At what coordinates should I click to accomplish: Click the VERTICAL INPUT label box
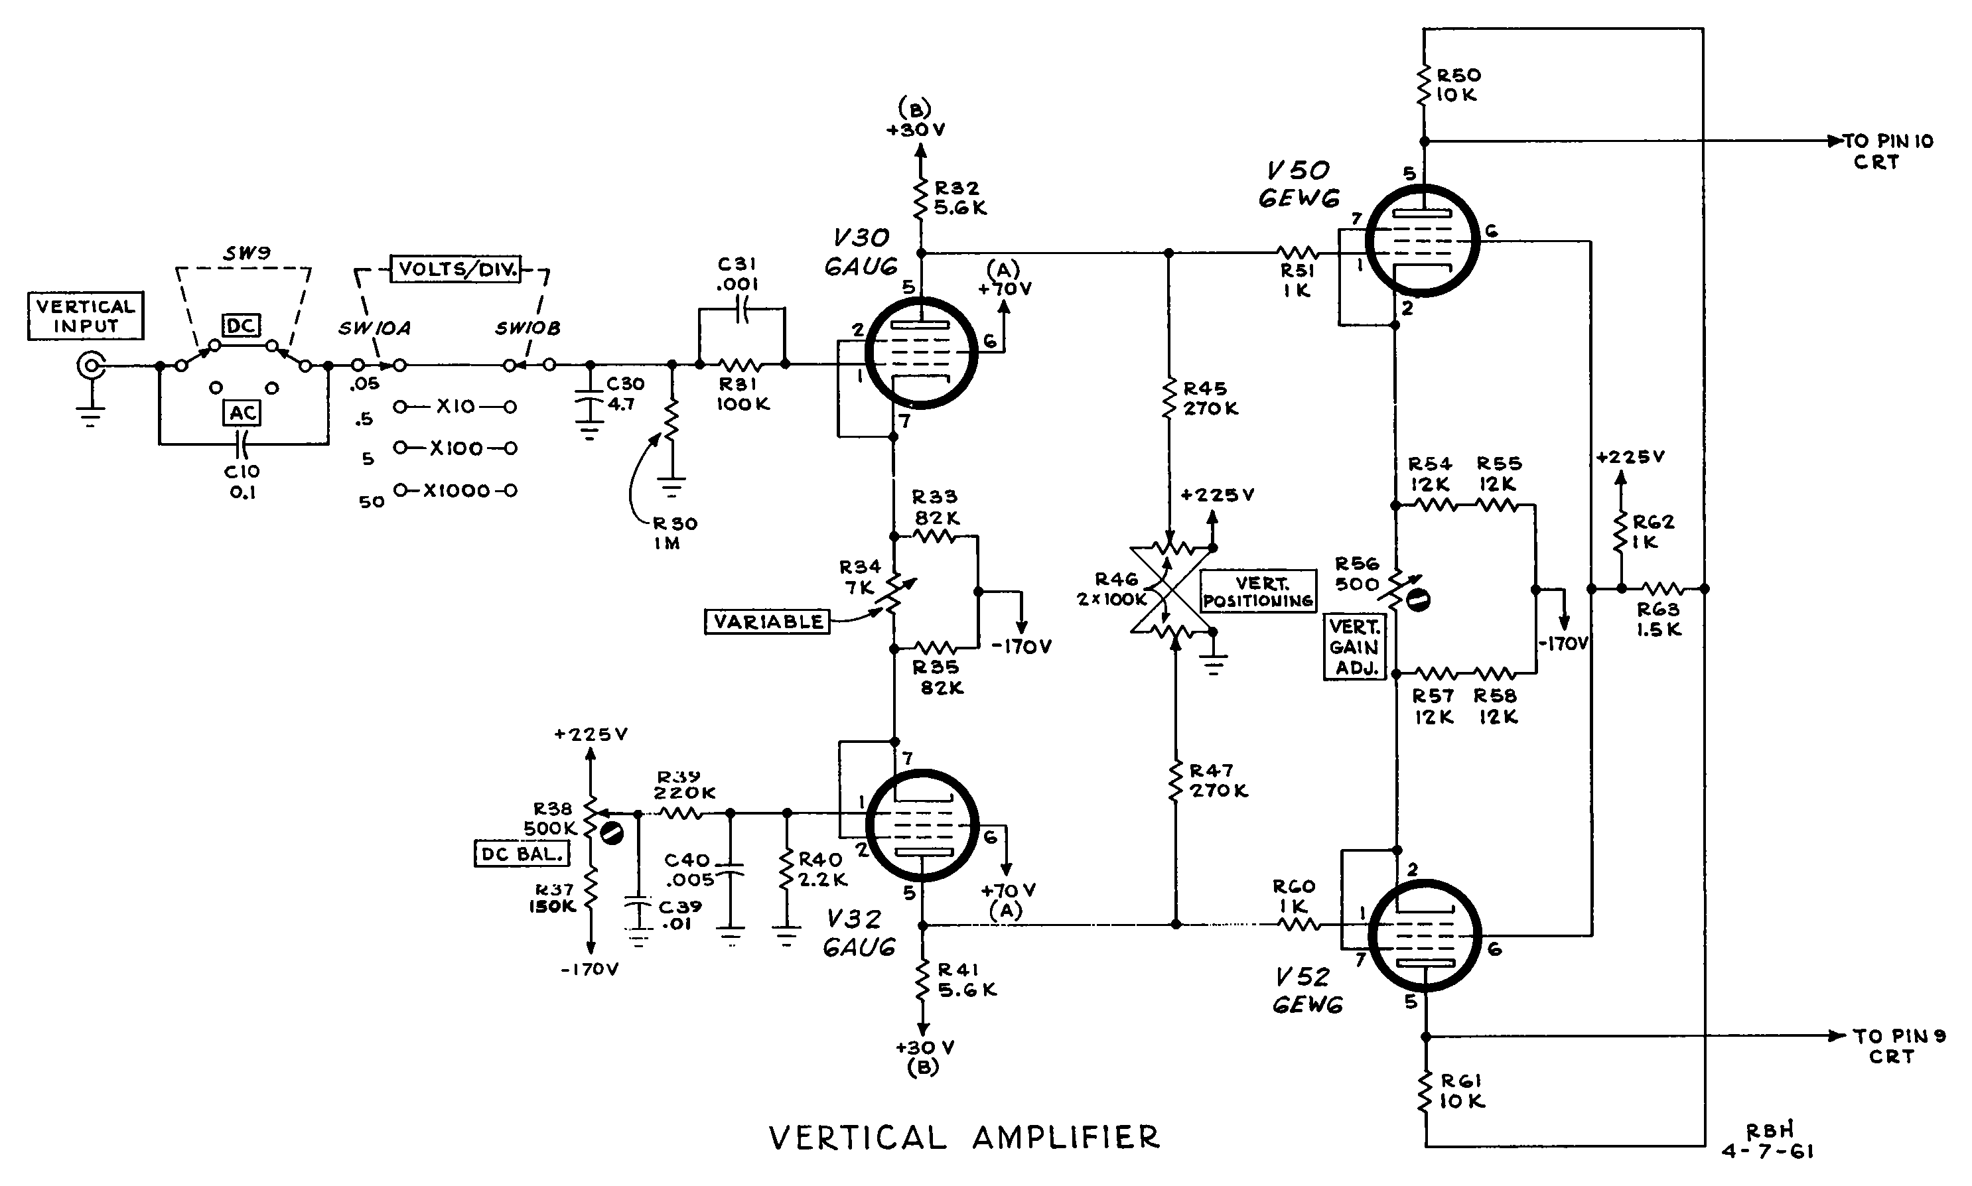point(86,316)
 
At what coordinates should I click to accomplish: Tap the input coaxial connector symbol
point(90,366)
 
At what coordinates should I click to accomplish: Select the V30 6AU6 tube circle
point(921,352)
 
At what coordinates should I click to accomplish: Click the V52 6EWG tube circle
point(1425,935)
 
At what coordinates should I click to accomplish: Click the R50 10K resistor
point(1424,85)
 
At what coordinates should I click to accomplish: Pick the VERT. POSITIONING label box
point(1258,592)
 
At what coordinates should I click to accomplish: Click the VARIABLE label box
point(768,621)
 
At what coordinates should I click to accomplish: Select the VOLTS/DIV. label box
point(456,269)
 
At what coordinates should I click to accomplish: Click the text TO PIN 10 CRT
point(1887,151)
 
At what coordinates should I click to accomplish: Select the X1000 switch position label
point(456,491)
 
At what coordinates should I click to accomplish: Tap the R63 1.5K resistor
point(1663,589)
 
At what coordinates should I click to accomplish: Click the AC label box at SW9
point(242,413)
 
